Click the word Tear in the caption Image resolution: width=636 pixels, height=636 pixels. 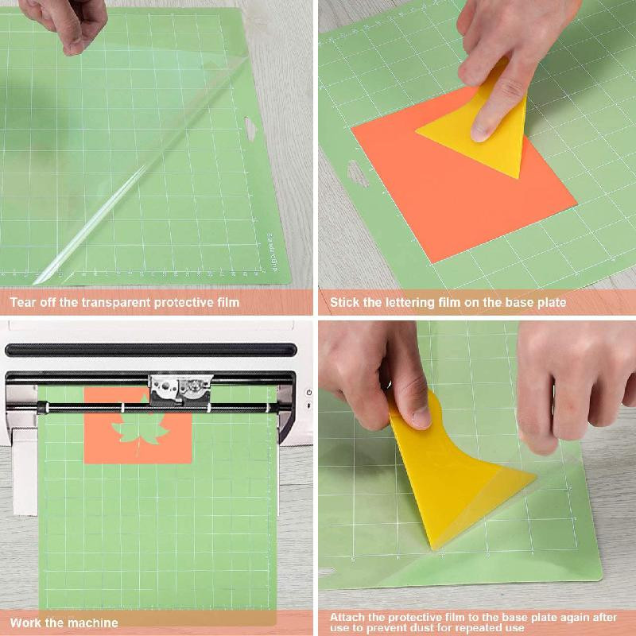25,302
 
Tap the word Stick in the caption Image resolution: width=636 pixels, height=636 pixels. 344,302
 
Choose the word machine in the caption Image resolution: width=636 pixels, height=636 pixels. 94,622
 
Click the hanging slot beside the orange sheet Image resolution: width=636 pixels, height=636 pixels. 359,173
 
